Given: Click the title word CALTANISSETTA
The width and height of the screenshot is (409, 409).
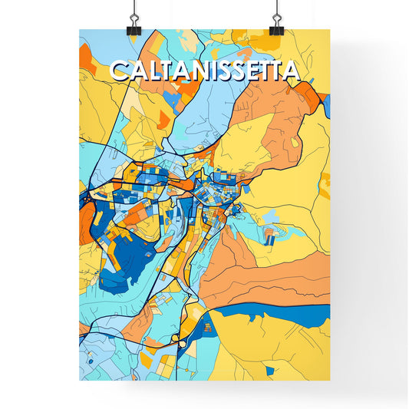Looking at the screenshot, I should (x=204, y=71).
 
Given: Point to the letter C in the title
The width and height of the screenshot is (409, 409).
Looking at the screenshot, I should (x=120, y=71).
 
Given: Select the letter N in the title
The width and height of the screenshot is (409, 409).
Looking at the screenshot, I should (x=195, y=71).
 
